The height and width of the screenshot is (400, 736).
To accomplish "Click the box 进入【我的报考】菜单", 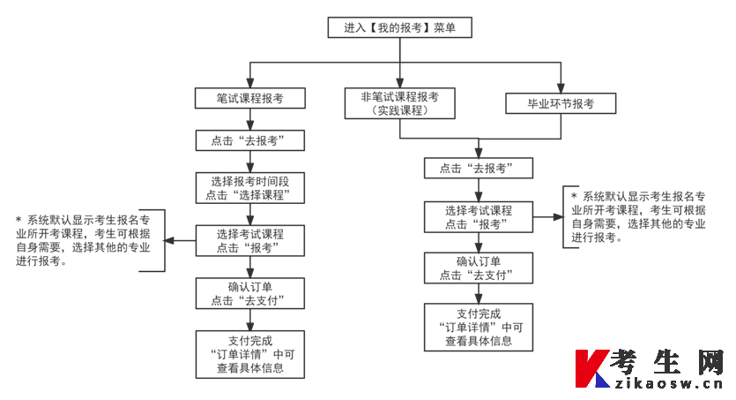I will (400, 28).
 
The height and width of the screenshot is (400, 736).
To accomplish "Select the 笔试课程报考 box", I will (250, 98).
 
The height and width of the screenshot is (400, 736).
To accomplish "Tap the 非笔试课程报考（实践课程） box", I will (400, 104).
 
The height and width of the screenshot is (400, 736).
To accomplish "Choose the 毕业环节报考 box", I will (560, 104).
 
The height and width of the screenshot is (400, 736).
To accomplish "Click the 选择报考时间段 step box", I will (250, 187).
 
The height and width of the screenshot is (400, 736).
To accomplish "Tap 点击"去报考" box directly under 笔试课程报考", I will (250, 141).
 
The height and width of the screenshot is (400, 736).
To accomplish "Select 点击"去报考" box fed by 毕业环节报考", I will (478, 168).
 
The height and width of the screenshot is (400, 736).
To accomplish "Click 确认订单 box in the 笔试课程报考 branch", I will (250, 293).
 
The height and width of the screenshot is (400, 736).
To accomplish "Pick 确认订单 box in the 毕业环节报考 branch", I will (478, 268).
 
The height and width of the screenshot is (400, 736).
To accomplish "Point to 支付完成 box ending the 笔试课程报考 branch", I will (250, 353).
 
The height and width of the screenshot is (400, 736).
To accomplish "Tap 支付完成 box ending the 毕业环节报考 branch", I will (478, 328).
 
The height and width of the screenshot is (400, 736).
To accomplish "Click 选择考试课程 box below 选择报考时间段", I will (250, 241).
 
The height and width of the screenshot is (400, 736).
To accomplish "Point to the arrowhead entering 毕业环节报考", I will (560, 87).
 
